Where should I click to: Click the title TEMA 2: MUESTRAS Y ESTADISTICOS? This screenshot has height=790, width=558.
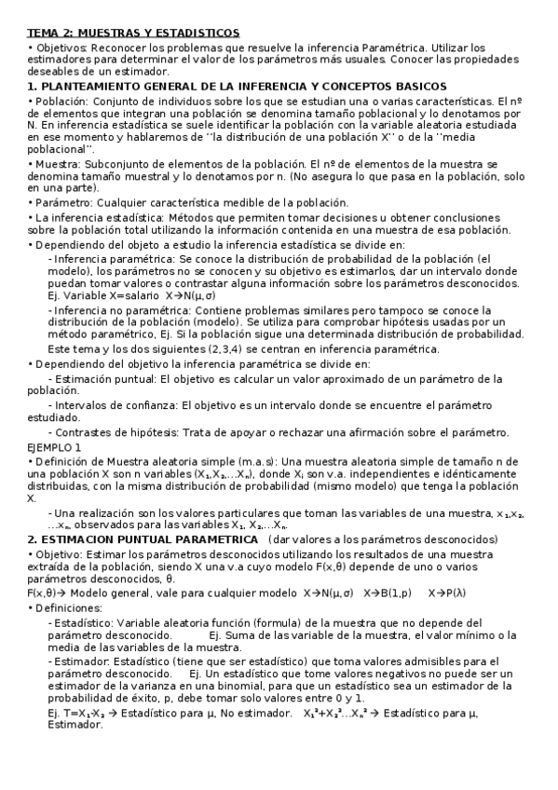click(x=133, y=33)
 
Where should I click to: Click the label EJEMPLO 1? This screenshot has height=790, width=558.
click(x=54, y=447)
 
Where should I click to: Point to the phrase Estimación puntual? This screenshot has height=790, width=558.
click(x=106, y=379)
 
